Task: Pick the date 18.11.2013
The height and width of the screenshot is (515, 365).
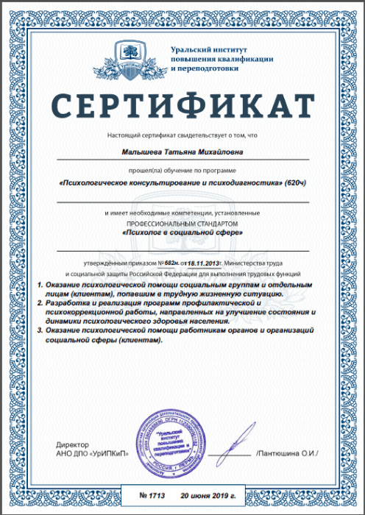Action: [203, 263]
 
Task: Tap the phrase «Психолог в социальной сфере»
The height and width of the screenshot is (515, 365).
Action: [182, 232]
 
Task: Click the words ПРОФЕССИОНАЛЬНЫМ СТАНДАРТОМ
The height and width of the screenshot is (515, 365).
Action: [182, 221]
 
